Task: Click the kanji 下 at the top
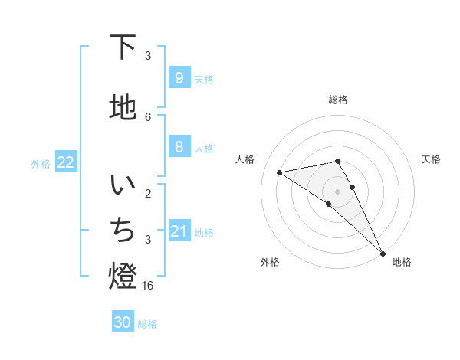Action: (x=123, y=47)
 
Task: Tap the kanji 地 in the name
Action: (x=123, y=108)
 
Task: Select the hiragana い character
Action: (x=123, y=186)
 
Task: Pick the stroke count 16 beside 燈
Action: (x=148, y=286)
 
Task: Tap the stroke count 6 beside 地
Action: (x=148, y=116)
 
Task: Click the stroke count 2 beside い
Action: (x=148, y=194)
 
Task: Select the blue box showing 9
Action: (x=179, y=77)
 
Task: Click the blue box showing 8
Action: (x=179, y=147)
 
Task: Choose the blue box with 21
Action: (x=179, y=231)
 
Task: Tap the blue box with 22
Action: (x=66, y=162)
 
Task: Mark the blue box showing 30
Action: (x=123, y=322)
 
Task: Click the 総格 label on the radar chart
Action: (x=337, y=100)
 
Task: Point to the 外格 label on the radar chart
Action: (x=270, y=262)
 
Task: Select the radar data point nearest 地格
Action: (x=383, y=252)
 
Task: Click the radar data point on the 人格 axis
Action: (x=280, y=172)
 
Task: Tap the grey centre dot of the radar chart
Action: (x=337, y=191)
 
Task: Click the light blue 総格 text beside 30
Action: (x=147, y=324)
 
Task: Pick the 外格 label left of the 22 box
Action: (x=41, y=163)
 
